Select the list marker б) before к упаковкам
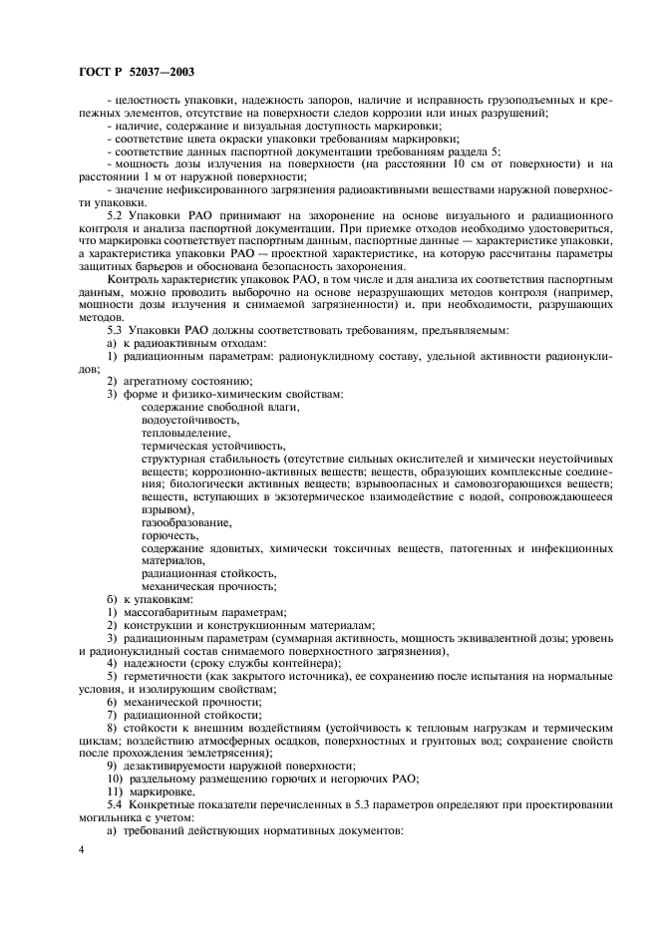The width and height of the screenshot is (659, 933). click(112, 598)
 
